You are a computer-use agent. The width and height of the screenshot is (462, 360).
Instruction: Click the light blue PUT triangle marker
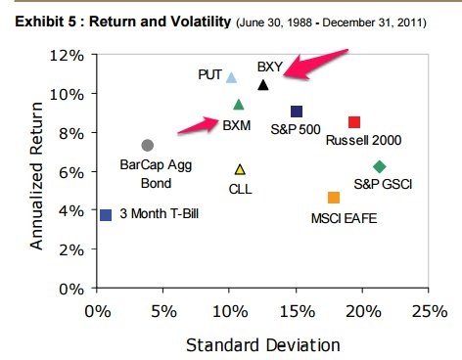(x=231, y=77)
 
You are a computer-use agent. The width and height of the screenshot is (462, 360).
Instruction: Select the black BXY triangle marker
(x=262, y=85)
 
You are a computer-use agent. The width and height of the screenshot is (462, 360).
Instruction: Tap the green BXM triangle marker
(x=239, y=105)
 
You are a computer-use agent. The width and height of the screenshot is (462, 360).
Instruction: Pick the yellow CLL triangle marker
(x=240, y=169)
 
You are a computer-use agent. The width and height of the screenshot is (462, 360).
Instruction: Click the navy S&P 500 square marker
(x=297, y=112)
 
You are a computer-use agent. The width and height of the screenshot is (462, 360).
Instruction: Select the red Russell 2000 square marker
(x=354, y=122)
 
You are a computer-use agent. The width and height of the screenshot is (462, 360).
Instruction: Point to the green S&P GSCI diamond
(x=380, y=166)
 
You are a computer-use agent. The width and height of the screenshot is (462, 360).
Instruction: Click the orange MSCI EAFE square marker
(x=334, y=198)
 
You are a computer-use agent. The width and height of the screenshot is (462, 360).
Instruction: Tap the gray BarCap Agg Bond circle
(x=147, y=145)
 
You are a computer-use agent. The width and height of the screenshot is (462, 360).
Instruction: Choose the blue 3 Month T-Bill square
(x=106, y=214)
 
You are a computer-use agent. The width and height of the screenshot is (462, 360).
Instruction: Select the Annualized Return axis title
(x=36, y=171)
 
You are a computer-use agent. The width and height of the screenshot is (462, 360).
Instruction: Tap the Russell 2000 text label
(x=364, y=140)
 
